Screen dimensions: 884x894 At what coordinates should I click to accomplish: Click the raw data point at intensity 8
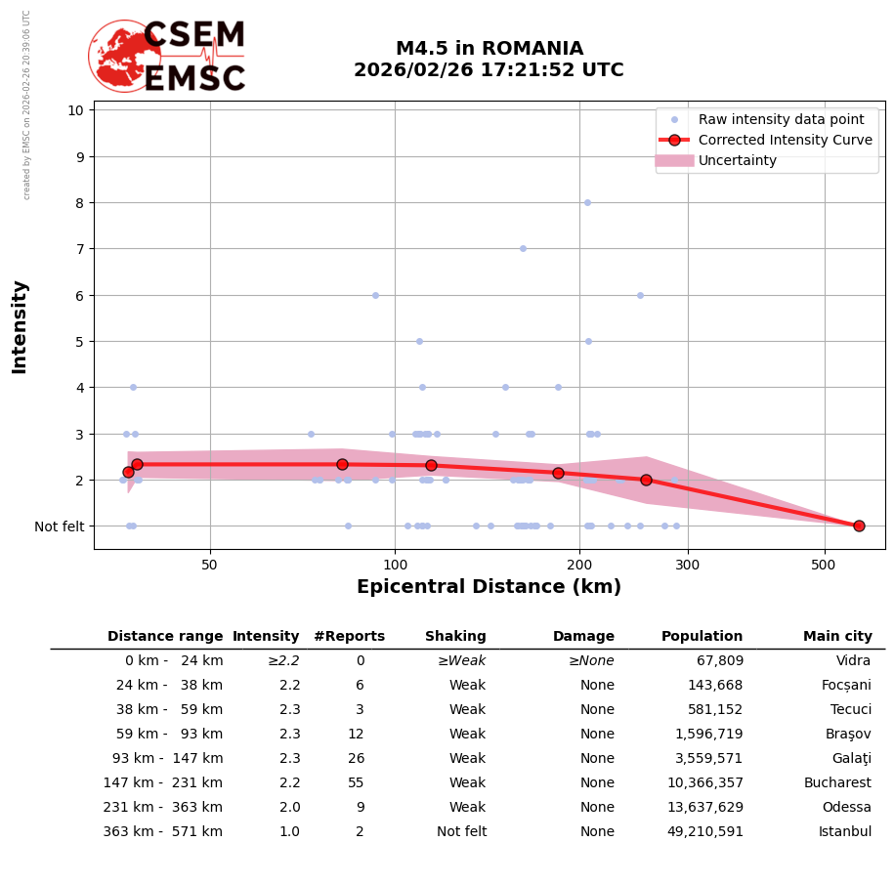587,202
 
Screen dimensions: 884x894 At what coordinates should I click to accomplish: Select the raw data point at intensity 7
523,248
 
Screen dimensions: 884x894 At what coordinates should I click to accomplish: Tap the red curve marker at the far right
859,526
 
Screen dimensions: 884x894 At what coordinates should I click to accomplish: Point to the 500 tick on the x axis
824,566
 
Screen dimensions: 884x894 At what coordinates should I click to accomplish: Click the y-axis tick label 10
75,109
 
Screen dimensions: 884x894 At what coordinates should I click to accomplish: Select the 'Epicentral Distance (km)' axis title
489,587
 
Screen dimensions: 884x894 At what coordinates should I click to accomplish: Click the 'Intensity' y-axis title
20,326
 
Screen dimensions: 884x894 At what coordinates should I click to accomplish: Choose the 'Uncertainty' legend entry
737,160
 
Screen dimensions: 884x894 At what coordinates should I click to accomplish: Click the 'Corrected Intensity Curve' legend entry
785,140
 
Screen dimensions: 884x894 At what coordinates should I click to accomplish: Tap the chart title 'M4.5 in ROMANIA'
489,49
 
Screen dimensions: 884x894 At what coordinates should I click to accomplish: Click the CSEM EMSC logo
168,57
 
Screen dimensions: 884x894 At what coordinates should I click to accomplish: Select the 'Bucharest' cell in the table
837,783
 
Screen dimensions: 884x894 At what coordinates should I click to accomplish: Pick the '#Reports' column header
349,637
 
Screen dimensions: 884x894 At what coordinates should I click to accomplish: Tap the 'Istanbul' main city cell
844,832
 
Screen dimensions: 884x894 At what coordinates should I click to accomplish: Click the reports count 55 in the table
356,783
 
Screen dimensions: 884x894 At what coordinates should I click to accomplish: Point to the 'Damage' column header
583,637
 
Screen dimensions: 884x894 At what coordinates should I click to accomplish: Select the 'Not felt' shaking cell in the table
461,832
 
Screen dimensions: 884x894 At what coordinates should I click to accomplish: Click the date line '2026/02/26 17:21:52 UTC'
489,70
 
